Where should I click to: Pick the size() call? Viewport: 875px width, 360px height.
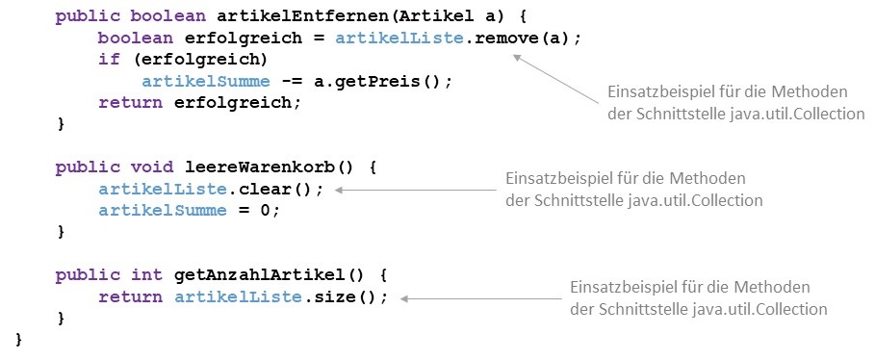point(355,296)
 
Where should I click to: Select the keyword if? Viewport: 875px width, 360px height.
point(109,61)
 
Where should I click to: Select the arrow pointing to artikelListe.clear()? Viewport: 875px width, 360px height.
point(415,190)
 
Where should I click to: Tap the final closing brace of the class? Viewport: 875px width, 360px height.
point(19,339)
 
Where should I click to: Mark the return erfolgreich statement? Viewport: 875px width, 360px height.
point(199,103)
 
